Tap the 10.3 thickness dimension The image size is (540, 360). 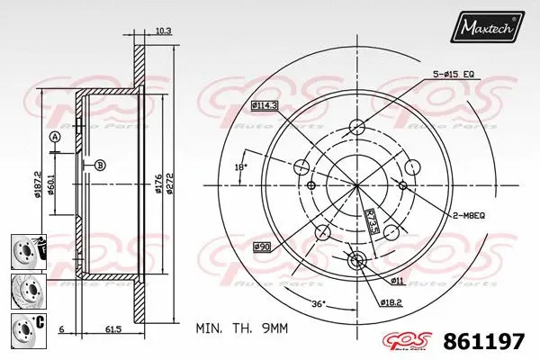[163, 31]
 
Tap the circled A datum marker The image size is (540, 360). [54, 137]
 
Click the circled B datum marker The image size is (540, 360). [100, 165]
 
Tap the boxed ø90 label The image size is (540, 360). [262, 247]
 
